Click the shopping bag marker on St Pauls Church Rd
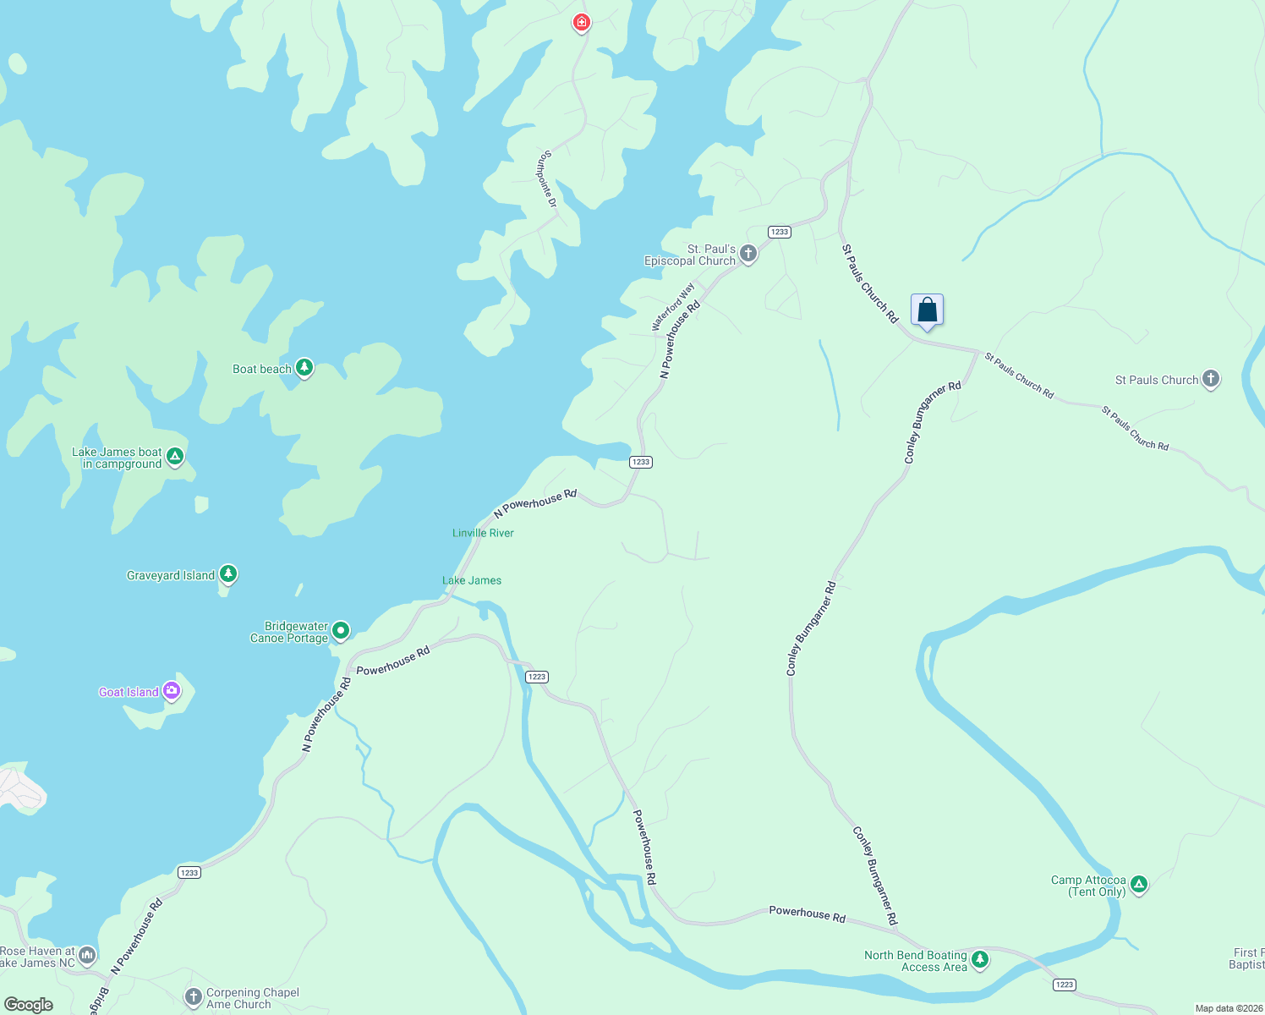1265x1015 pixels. tap(927, 310)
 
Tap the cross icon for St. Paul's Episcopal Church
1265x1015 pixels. tap(747, 253)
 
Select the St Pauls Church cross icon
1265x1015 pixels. tap(1210, 379)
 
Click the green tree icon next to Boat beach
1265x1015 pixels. tap(304, 368)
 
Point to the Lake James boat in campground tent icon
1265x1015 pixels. tap(175, 457)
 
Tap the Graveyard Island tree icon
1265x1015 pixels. tap(227, 574)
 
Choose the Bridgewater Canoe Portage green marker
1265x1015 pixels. tap(340, 630)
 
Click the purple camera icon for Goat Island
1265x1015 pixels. tap(172, 691)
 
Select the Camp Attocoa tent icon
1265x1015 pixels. tap(1138, 885)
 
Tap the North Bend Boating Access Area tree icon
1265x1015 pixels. tap(979, 959)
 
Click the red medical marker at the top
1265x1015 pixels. tap(581, 22)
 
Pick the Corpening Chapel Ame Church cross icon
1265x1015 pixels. tap(194, 997)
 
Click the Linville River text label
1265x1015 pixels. tap(483, 533)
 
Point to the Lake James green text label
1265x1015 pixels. tap(472, 580)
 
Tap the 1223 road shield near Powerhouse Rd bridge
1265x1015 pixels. tap(537, 677)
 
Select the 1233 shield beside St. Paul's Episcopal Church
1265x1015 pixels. tap(779, 232)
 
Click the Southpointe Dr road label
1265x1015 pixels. tap(549, 179)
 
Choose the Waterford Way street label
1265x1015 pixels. tap(673, 307)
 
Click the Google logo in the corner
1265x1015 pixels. tap(29, 1005)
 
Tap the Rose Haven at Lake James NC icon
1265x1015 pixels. tap(87, 956)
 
